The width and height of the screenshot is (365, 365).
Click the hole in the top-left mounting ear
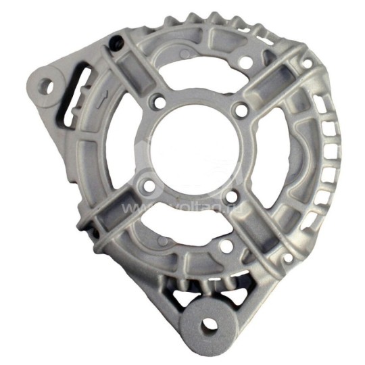point(47,86)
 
